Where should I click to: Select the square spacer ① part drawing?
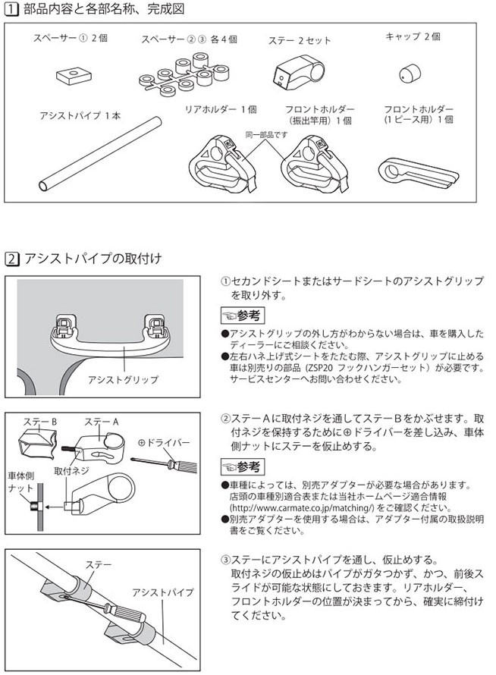pos(72,74)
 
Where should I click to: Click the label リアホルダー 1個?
pos(221,110)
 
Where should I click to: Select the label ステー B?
pos(42,421)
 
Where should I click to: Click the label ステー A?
pos(102,422)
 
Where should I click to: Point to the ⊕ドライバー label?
pos(163,442)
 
